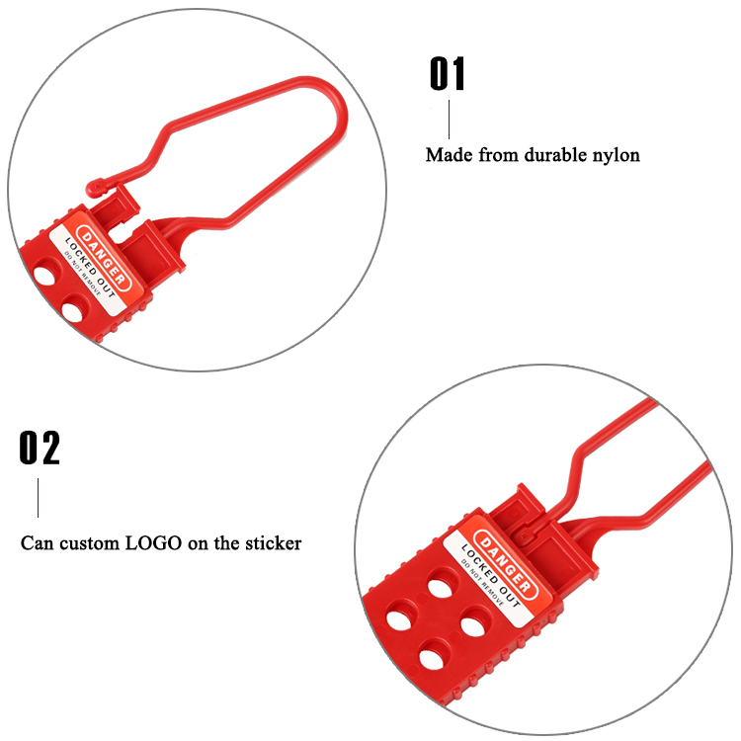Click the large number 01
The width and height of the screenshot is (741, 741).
447,73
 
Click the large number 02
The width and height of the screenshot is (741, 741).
40,448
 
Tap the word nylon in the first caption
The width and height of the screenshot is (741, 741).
617,155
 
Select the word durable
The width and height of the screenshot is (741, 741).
555,154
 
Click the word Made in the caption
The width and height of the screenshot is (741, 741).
450,154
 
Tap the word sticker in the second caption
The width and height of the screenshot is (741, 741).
273,543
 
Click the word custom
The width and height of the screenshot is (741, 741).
89,543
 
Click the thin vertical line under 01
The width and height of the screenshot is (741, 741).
449,120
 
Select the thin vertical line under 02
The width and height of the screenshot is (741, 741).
39,498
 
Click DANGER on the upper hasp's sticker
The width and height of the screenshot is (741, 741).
104,258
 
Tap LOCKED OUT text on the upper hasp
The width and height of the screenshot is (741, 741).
90,268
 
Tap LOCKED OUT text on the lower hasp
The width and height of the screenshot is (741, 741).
490,576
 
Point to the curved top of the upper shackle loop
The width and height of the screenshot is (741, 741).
326,90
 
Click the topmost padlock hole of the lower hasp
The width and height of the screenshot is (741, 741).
443,584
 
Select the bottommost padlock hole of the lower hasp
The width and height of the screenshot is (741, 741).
434,654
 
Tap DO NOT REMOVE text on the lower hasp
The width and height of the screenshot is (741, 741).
482,583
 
